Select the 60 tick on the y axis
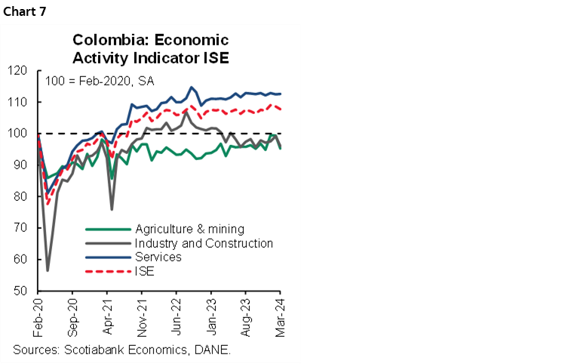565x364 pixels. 23,260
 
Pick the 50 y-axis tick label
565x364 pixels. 23,292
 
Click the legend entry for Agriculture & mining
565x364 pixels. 189,229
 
